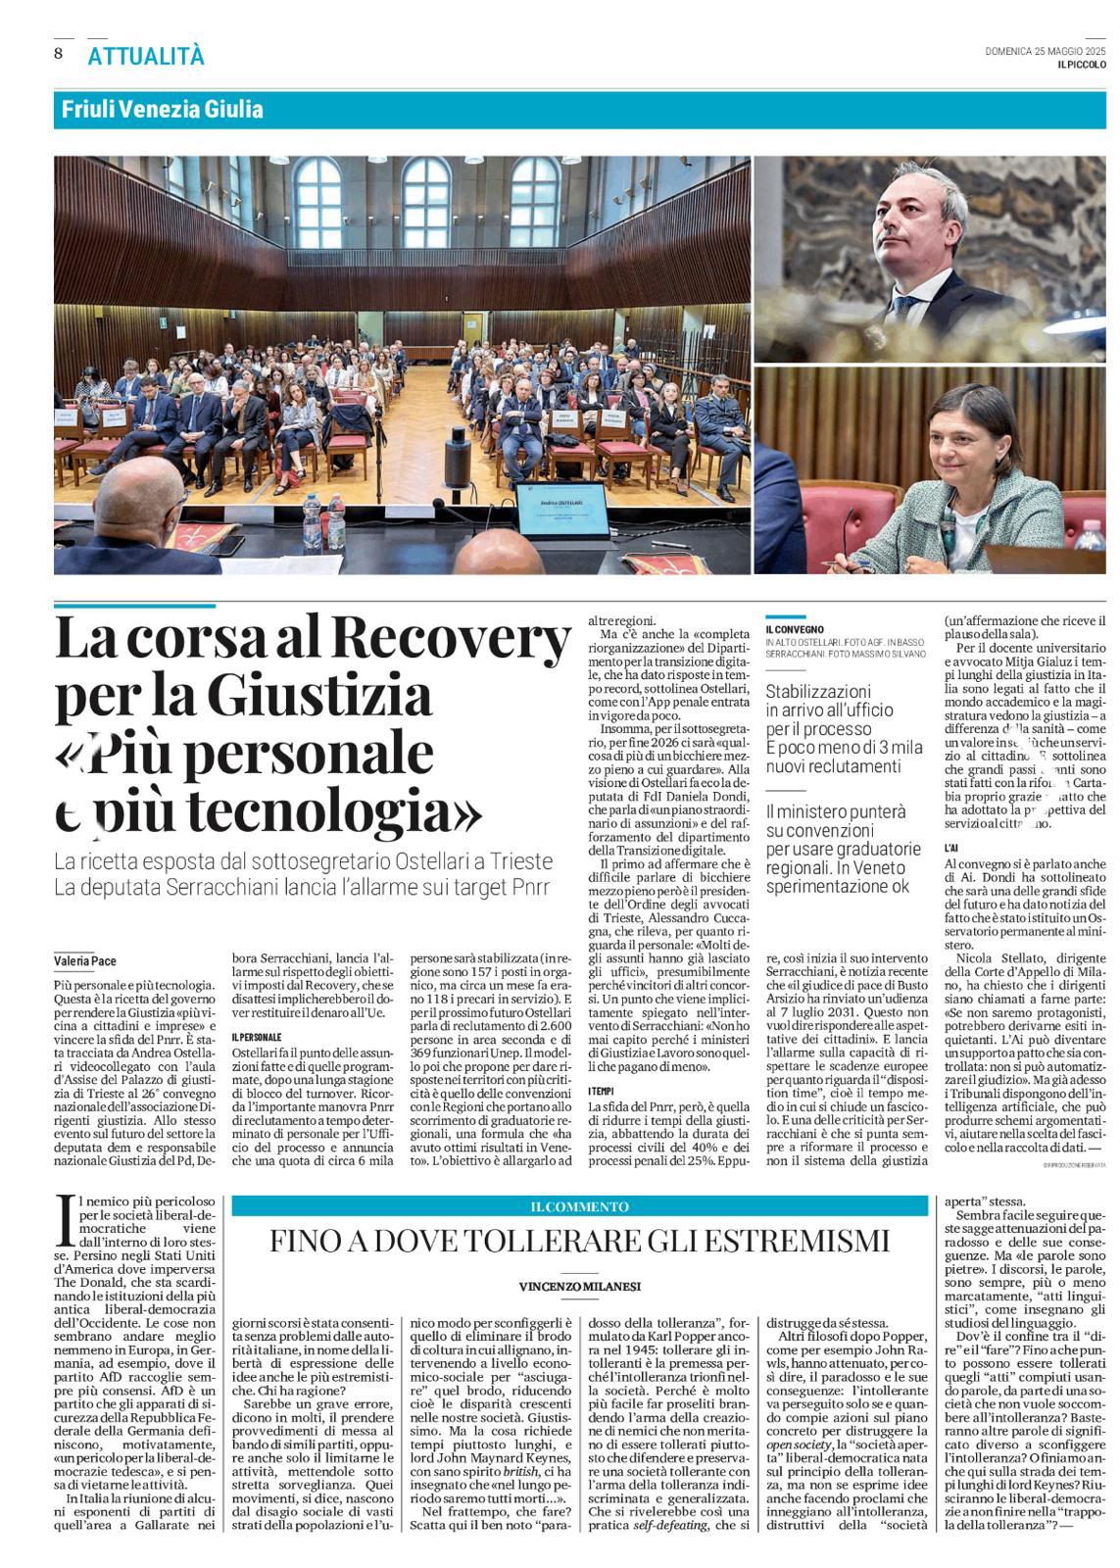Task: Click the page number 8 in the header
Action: pyautogui.click(x=59, y=53)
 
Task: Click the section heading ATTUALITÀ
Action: pyautogui.click(x=146, y=57)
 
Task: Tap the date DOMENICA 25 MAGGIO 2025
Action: pyautogui.click(x=1046, y=51)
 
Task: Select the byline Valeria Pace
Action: pyautogui.click(x=85, y=960)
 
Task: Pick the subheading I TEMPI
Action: pyautogui.click(x=602, y=1091)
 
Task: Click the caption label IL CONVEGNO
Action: pyautogui.click(x=795, y=629)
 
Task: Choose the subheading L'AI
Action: pyautogui.click(x=950, y=847)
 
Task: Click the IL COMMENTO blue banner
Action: pyautogui.click(x=579, y=1206)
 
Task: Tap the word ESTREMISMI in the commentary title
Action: pyautogui.click(x=800, y=1242)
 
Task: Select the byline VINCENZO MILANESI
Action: pyautogui.click(x=580, y=1286)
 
